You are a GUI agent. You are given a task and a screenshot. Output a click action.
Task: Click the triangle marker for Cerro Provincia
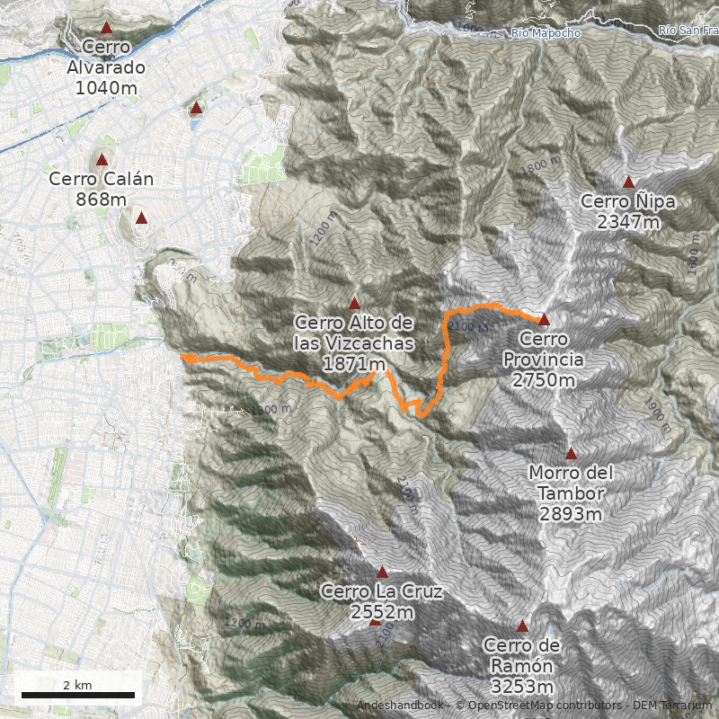coord(544,318)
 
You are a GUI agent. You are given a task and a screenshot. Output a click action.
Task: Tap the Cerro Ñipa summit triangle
coord(628,182)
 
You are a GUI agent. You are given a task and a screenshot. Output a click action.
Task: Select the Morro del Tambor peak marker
coord(571,453)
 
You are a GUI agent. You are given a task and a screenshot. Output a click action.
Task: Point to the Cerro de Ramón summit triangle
coord(522,626)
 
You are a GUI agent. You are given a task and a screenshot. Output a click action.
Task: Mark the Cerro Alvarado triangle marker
coord(107,28)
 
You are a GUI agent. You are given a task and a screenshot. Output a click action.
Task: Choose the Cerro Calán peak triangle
coord(102,160)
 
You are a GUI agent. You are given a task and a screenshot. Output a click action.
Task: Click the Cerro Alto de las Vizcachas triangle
coord(354,303)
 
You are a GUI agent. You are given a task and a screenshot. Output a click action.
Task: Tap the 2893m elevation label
coord(571,514)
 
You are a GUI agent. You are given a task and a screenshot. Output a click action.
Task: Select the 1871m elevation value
coord(354,364)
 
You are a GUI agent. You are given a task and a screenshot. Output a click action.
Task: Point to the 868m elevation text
coord(101,199)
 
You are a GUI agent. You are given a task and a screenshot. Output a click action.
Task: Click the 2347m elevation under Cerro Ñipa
coord(628,221)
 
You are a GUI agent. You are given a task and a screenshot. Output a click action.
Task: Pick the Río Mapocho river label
coord(546,33)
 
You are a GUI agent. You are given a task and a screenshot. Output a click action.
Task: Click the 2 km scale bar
coord(77,695)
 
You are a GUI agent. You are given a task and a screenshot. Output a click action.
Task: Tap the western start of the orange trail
coord(182,357)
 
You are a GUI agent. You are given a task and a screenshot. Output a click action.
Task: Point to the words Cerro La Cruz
coord(381,592)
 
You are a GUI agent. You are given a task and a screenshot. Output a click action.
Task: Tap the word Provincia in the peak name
coord(544,359)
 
